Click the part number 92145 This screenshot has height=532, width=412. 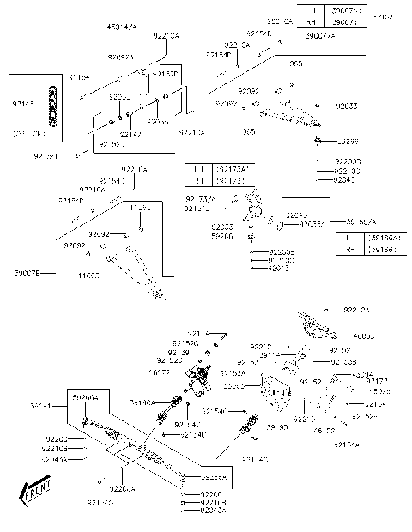pos(23,103)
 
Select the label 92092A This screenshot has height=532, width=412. pos(121,57)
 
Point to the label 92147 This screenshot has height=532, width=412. pos(130,135)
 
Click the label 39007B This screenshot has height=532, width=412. pos(27,274)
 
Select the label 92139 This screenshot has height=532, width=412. pos(179,352)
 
